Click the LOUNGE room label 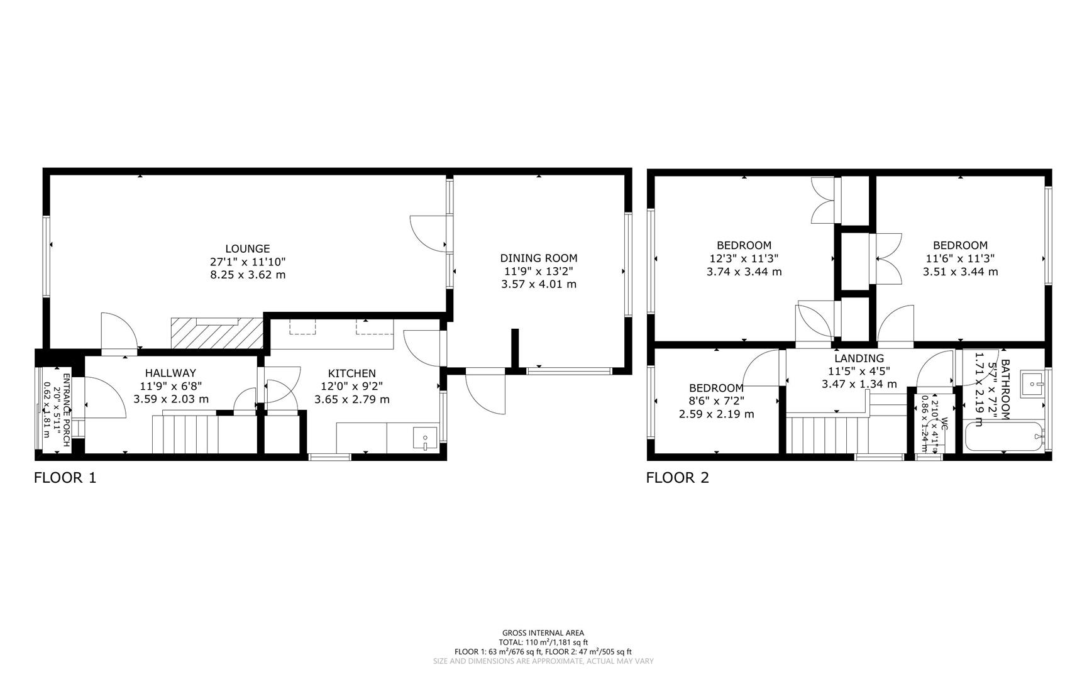(248, 249)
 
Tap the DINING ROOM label (538, 258)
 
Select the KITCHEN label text (351, 373)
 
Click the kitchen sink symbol (425, 437)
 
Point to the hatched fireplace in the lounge (217, 333)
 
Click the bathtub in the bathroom (1004, 436)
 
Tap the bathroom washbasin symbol (1032, 383)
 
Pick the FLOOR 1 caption (65, 478)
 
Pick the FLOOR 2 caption (677, 478)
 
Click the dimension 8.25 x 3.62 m (248, 275)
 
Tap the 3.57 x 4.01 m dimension (538, 284)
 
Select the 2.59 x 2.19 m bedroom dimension (716, 414)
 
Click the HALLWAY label (170, 373)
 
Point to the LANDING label (859, 358)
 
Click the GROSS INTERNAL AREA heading (543, 633)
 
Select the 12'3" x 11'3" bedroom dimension (744, 258)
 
